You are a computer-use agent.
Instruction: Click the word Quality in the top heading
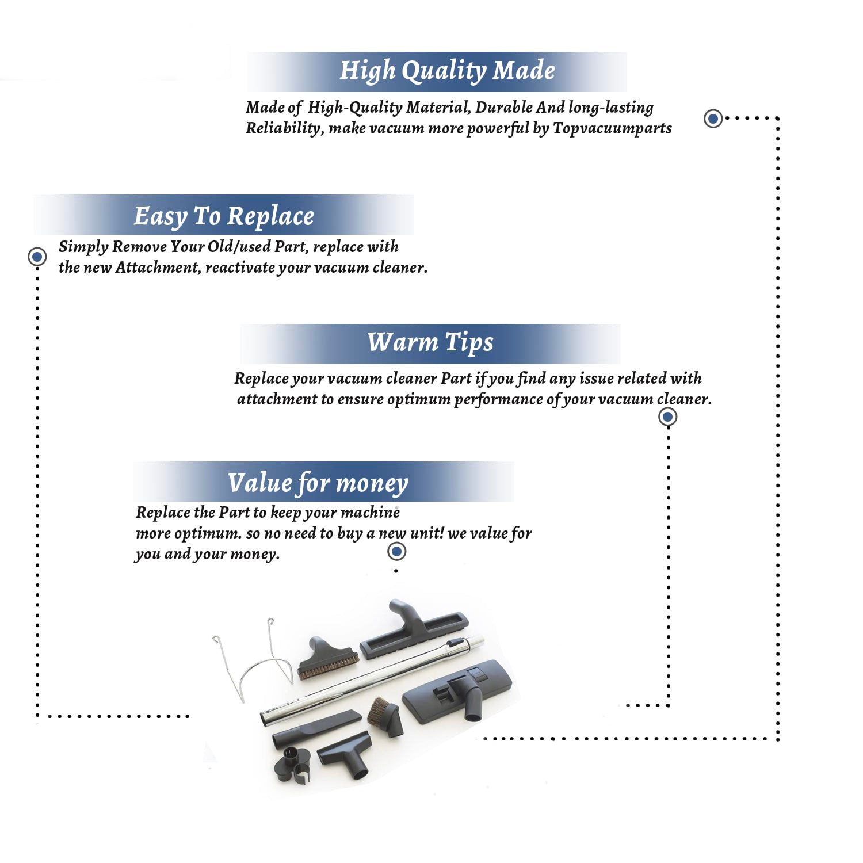coord(444,71)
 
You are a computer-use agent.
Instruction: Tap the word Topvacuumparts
coord(612,128)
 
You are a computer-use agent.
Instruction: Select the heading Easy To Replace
coord(224,216)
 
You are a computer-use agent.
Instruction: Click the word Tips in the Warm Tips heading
coord(469,342)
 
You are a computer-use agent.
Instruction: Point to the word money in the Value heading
coord(372,483)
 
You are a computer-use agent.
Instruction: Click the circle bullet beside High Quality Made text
coord(713,119)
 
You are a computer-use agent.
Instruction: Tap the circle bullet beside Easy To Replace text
coord(37,256)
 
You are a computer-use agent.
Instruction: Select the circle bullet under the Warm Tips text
coord(667,417)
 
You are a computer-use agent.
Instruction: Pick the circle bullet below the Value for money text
coord(396,552)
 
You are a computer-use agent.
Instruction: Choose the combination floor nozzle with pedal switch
coord(457,690)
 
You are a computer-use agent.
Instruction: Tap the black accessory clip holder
coord(292,765)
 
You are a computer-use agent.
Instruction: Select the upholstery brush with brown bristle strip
coord(327,658)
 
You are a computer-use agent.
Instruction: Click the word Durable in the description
coord(504,108)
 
